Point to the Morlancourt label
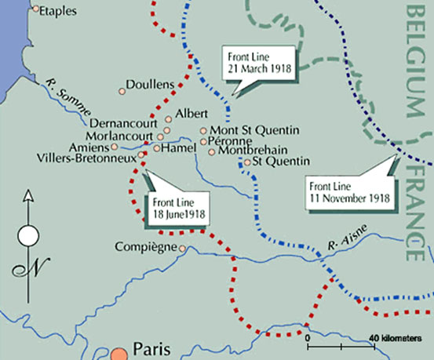pos(121,135)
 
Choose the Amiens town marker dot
pos(115,146)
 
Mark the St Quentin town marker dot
pos(247,162)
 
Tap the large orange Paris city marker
pos(119,353)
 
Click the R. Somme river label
pos(64,89)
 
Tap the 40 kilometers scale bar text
pos(393,338)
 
